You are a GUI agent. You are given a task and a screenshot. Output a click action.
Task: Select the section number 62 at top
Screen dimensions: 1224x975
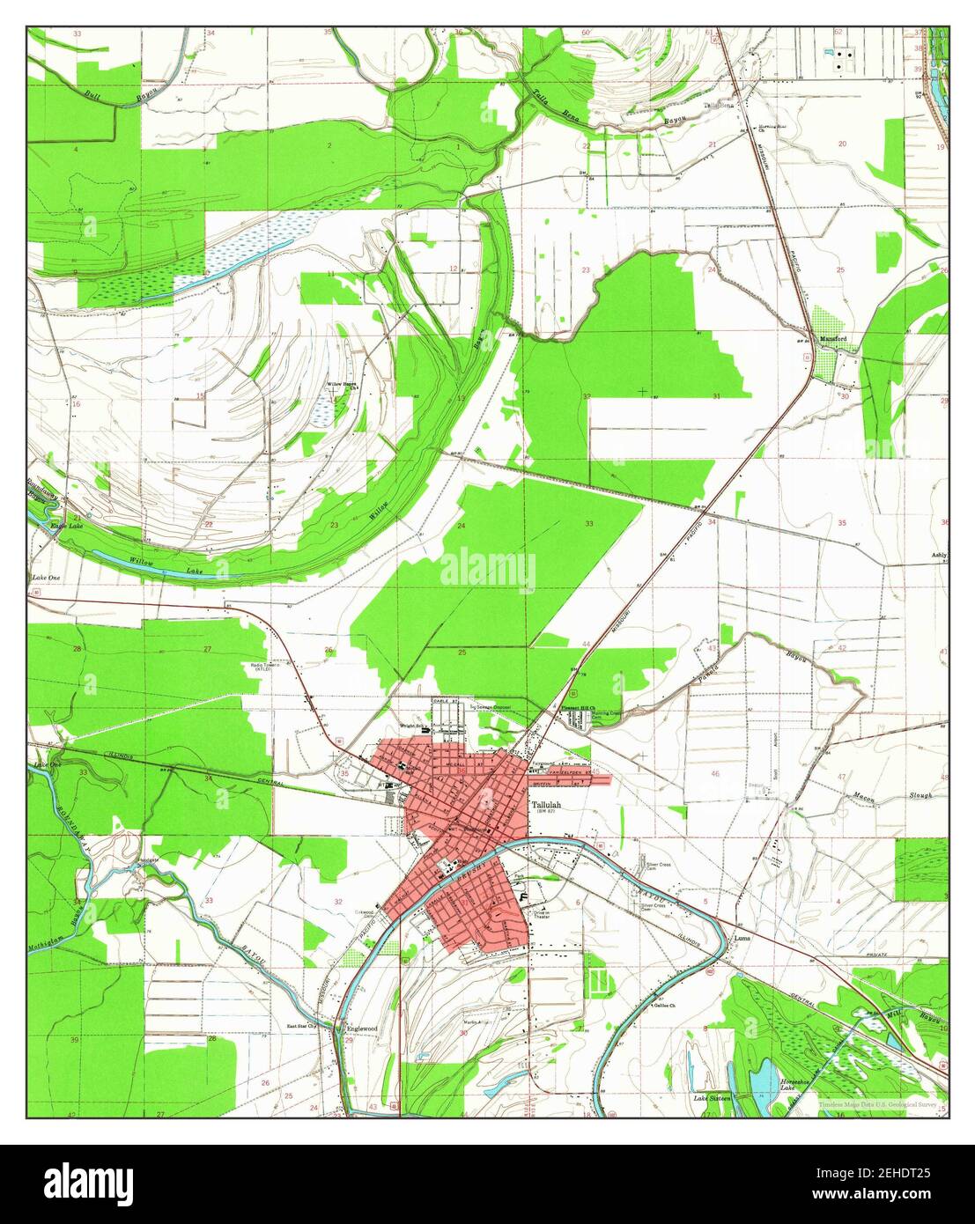coord(838,32)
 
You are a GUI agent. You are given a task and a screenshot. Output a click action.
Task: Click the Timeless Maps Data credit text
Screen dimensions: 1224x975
coord(875,1103)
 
